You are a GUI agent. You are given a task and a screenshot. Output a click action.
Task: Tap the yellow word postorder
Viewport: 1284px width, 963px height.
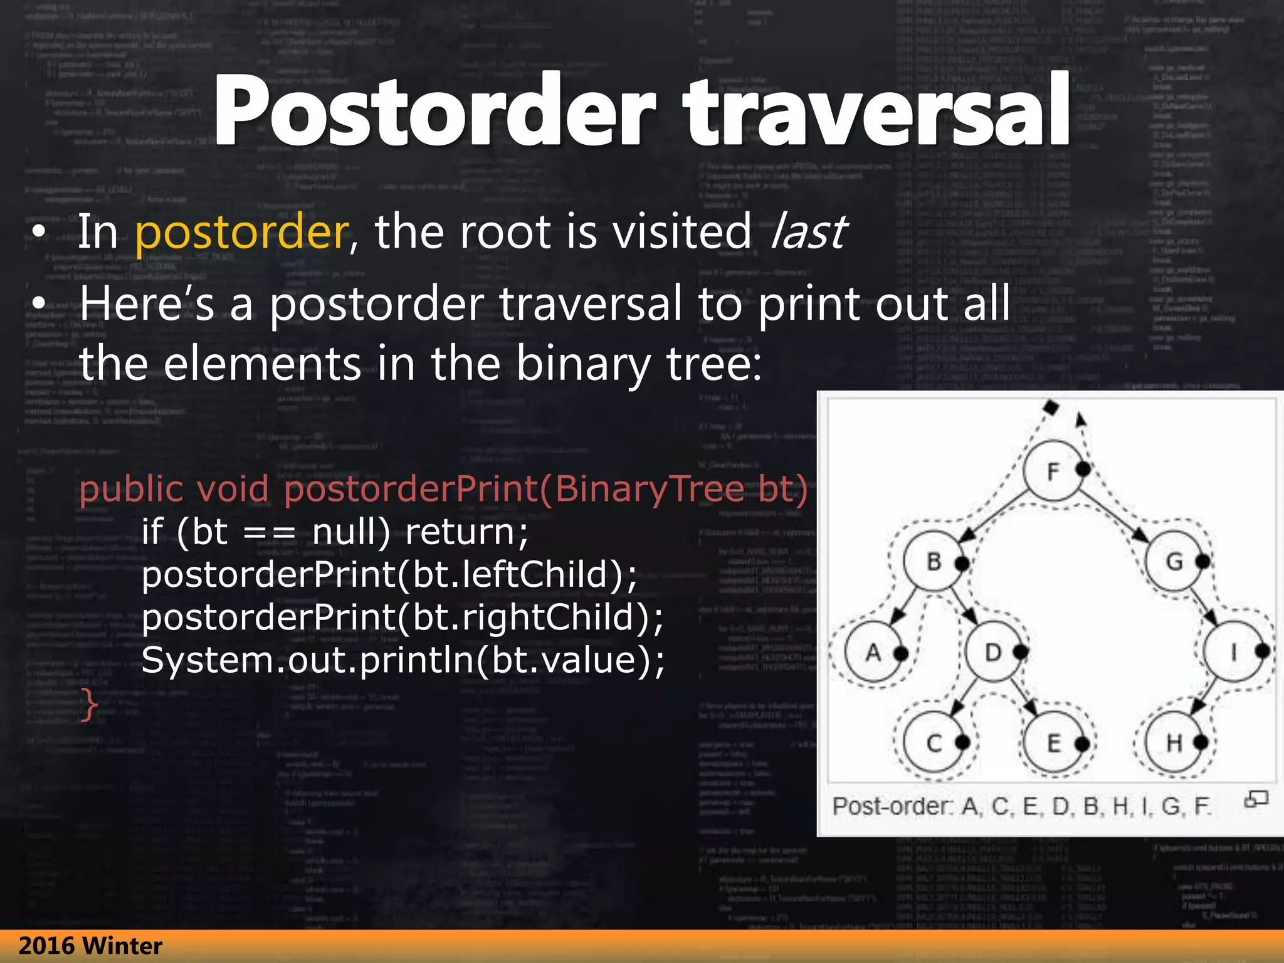pyautogui.click(x=242, y=232)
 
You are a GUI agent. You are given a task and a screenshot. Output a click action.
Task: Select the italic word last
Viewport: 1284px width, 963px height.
pyautogui.click(x=809, y=232)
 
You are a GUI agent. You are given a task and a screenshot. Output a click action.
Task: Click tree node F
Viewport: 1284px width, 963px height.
pyautogui.click(x=1052, y=470)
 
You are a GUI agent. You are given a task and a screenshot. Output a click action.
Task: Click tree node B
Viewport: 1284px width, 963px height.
pyautogui.click(x=933, y=561)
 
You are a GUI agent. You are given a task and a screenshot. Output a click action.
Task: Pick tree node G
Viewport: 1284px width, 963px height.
pyautogui.click(x=1174, y=561)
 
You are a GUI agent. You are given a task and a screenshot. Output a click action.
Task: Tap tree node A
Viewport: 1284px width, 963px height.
pyautogui.click(x=873, y=653)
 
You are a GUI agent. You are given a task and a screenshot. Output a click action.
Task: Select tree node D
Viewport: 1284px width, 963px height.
pyautogui.click(x=992, y=653)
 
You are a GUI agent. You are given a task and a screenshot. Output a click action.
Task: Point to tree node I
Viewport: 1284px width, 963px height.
pyautogui.click(x=1233, y=653)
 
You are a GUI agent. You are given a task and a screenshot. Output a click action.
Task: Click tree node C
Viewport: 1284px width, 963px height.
pyautogui.click(x=933, y=743)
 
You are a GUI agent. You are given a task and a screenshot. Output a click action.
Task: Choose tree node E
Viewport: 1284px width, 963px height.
pyautogui.click(x=1053, y=743)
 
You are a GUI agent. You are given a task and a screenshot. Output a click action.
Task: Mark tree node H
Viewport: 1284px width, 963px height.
pyautogui.click(x=1174, y=743)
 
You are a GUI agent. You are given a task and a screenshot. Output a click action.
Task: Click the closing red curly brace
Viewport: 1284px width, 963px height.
pyautogui.click(x=89, y=705)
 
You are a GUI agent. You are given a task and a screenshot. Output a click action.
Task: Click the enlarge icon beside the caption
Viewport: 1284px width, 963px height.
pyautogui.click(x=1256, y=799)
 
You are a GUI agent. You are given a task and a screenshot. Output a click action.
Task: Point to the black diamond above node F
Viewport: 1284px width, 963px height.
pyautogui.click(x=1051, y=408)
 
